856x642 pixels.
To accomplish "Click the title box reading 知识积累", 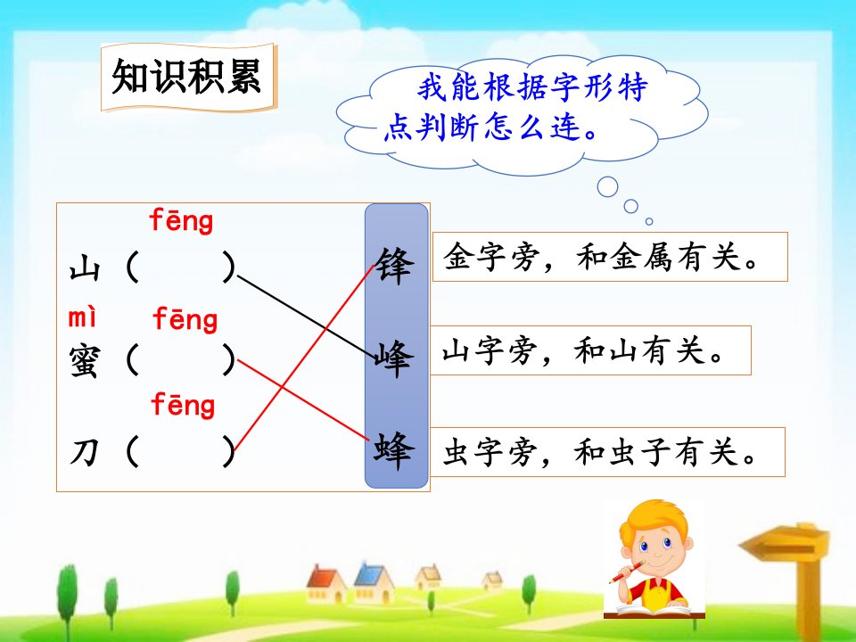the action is click(x=189, y=78).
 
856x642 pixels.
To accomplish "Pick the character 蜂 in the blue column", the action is click(x=394, y=451).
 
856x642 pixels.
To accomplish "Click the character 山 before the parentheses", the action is click(x=85, y=269).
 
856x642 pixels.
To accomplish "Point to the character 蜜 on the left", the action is click(x=85, y=361).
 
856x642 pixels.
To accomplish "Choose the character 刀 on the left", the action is click(x=85, y=453).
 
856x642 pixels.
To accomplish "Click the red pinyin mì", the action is click(x=82, y=317).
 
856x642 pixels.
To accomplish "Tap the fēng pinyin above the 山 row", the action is click(x=181, y=221).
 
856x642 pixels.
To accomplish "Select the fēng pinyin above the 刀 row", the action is click(x=183, y=405).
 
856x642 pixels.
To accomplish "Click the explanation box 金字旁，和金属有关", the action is click(x=610, y=257).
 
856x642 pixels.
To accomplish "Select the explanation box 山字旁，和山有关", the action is click(x=590, y=350).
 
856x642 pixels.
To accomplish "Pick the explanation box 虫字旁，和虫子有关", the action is click(x=607, y=452).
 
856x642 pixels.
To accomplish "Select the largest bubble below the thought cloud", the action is click(x=607, y=186).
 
